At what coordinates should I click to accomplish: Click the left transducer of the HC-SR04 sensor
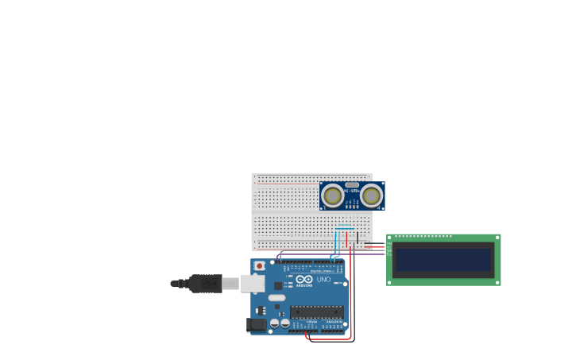pyautogui.click(x=333, y=195)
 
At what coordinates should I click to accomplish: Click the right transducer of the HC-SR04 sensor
pyautogui.click(x=371, y=195)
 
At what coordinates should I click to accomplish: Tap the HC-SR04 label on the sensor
pyautogui.click(x=352, y=192)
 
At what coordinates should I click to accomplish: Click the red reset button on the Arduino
pyautogui.click(x=259, y=265)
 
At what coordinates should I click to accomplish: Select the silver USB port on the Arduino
pyautogui.click(x=253, y=283)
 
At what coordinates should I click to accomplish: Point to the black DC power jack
pyautogui.click(x=256, y=324)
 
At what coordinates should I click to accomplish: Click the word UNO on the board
pyautogui.click(x=324, y=280)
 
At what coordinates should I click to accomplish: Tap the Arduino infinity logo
pyautogui.click(x=304, y=280)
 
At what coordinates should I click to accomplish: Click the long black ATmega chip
pyautogui.click(x=316, y=312)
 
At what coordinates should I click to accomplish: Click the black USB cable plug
pyautogui.click(x=205, y=283)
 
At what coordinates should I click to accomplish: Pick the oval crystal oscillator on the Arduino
pyautogui.click(x=276, y=298)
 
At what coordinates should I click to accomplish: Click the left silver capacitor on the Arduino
pyautogui.click(x=274, y=323)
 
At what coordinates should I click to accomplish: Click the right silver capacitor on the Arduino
pyautogui.click(x=284, y=323)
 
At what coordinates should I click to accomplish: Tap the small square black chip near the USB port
pyautogui.click(x=278, y=285)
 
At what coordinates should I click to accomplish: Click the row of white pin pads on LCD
pyautogui.click(x=423, y=237)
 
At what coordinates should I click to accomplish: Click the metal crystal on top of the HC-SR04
pyautogui.click(x=352, y=184)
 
